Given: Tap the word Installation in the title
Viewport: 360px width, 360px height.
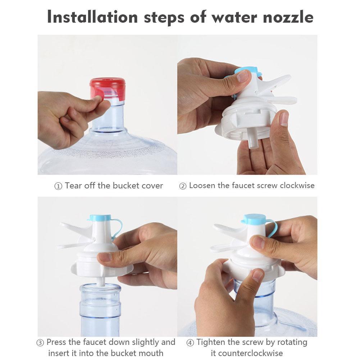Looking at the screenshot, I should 92,17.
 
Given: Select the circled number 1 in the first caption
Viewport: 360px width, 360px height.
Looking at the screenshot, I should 58,186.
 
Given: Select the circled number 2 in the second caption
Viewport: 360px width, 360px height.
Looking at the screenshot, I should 183,186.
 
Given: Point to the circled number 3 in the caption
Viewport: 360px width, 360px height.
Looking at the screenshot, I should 41,343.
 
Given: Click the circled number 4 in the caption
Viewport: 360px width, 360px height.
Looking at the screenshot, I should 190,343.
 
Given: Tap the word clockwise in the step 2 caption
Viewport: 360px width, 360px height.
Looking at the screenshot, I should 297,186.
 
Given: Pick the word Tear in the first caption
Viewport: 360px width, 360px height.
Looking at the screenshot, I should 73,186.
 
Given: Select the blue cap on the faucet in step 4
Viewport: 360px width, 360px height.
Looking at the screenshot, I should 254,218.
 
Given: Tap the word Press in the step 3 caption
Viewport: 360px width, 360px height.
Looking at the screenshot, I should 56,342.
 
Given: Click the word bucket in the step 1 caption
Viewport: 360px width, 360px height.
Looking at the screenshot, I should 125,186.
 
